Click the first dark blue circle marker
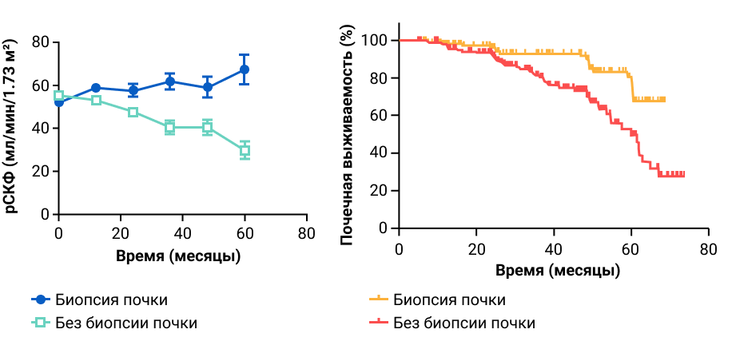pyautogui.click(x=59, y=101)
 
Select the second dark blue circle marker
pyautogui.click(x=96, y=88)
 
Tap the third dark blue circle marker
pyautogui.click(x=133, y=91)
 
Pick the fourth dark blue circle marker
pyautogui.click(x=169, y=81)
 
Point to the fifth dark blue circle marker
pyautogui.click(x=207, y=86)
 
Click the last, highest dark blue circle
pyautogui.click(x=244, y=69)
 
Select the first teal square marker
pyautogui.click(x=58, y=95)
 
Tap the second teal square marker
pyautogui.click(x=96, y=100)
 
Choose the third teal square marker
pyautogui.click(x=133, y=112)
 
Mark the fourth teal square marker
pyautogui.click(x=169, y=127)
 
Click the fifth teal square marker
pyautogui.click(x=207, y=127)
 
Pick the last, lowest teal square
pyautogui.click(x=245, y=150)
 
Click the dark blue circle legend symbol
pyautogui.click(x=41, y=300)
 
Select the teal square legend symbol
pyautogui.click(x=40, y=322)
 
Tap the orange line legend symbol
pyautogui.click(x=379, y=299)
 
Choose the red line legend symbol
pyautogui.click(x=379, y=322)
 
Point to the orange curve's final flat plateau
pyautogui.click(x=649, y=100)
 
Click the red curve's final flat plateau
pyautogui.click(x=671, y=174)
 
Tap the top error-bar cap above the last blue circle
pyautogui.click(x=244, y=55)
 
